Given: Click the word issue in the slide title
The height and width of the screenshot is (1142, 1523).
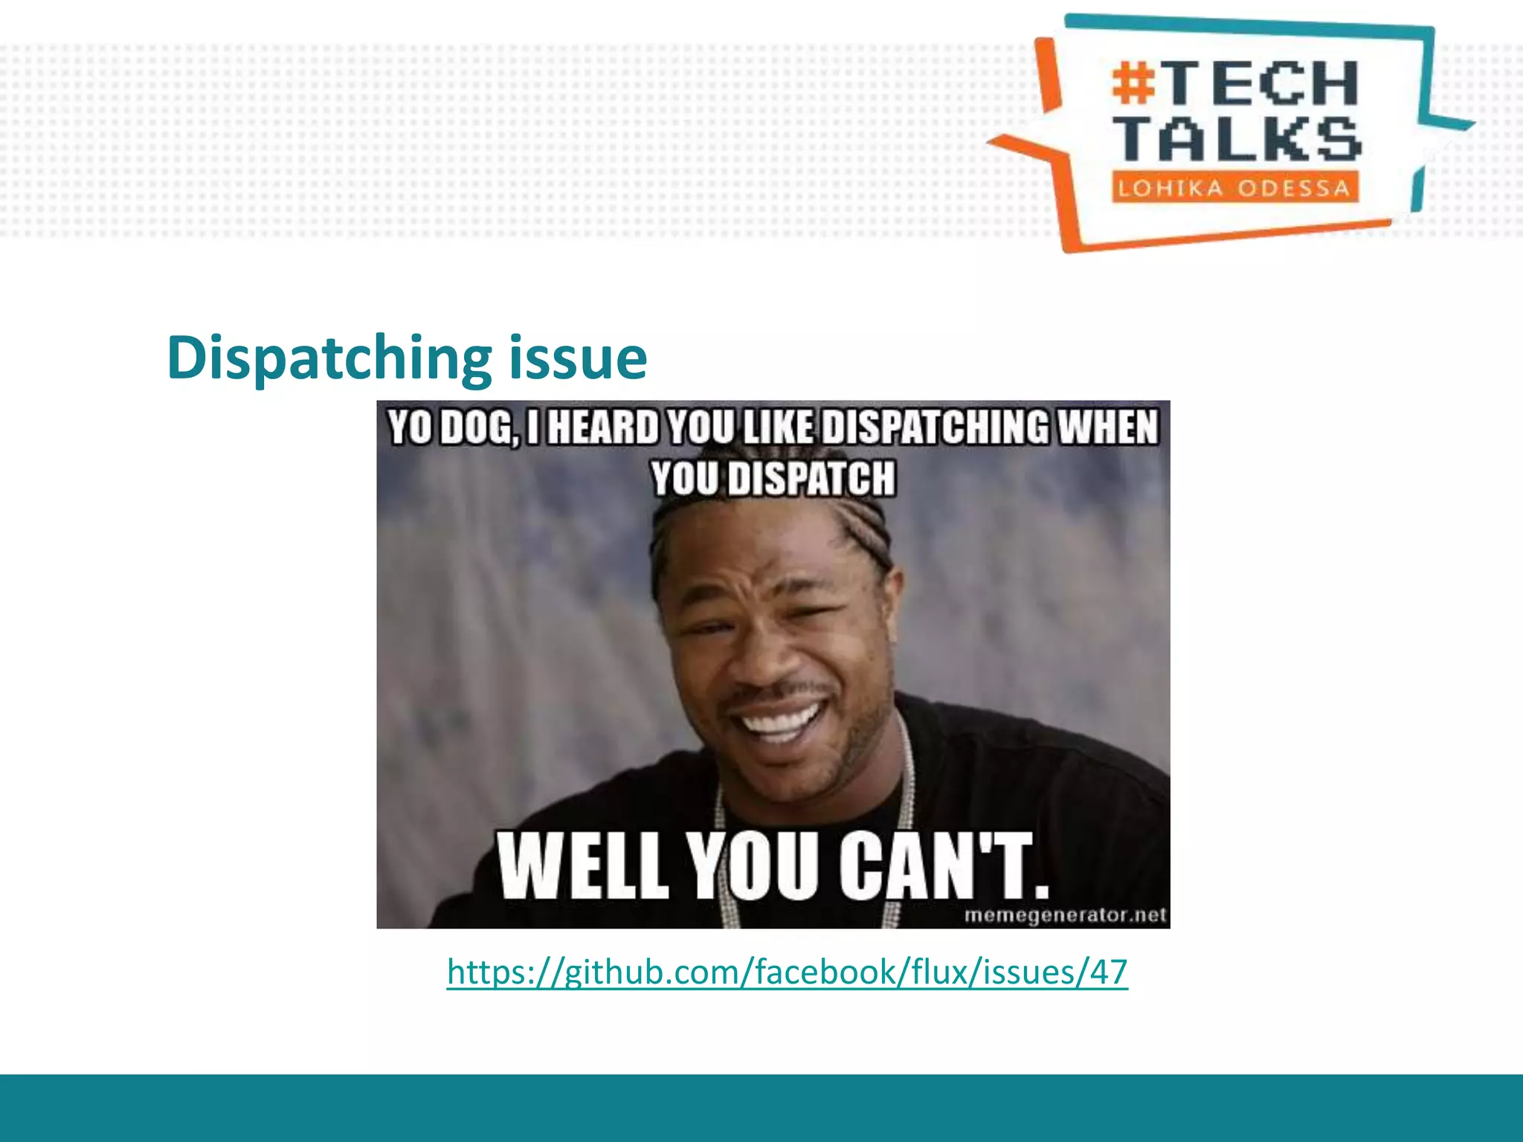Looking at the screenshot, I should point(578,358).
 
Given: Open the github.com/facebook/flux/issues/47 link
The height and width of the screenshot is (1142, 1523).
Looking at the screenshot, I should point(787,972).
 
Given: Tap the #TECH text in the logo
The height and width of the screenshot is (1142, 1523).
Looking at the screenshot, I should point(1234,83).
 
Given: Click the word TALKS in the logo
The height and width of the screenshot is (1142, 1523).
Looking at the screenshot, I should point(1237,139).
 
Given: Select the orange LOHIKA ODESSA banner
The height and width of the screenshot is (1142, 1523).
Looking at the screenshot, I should point(1234,187).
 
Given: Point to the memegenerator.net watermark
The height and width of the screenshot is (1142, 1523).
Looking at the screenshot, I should point(1065,915).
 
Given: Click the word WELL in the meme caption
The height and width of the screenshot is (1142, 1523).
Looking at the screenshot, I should point(582,866).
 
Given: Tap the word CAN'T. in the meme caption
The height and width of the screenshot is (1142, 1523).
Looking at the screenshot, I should point(944,866).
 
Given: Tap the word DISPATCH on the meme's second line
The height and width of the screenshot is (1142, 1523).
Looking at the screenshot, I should point(812,478).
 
